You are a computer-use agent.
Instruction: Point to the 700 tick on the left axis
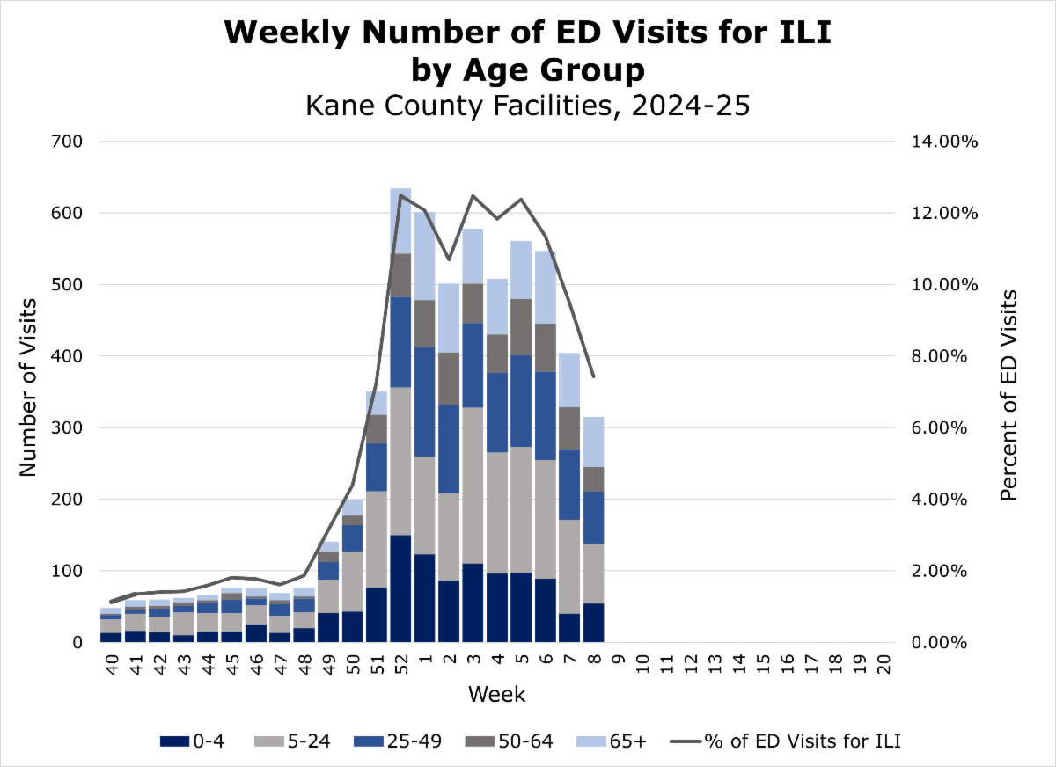tap(68, 142)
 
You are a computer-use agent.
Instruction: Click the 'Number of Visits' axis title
tap(28, 387)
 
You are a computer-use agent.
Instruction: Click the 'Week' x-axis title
tap(496, 695)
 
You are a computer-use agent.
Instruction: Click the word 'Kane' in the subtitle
tap(338, 106)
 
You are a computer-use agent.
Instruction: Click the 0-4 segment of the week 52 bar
tap(400, 588)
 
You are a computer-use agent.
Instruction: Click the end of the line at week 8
tap(593, 376)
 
